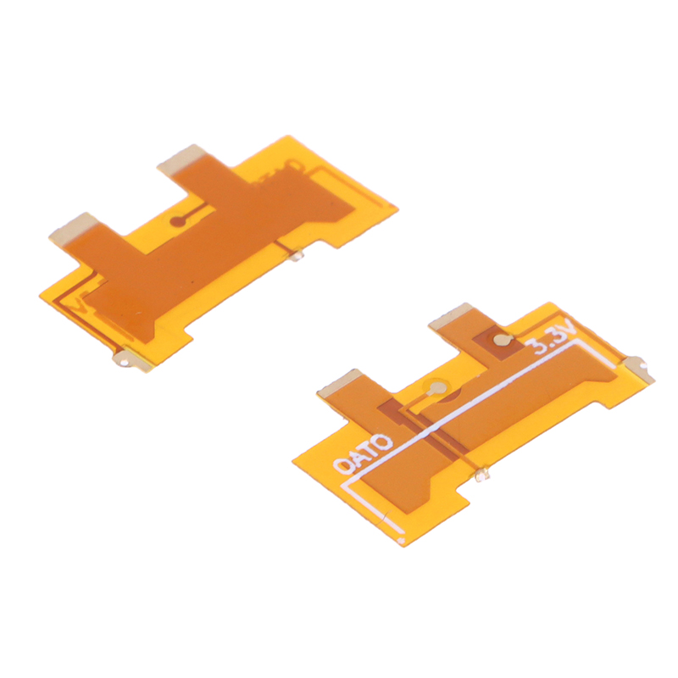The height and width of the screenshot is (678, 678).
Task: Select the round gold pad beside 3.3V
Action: pyautogui.click(x=502, y=341)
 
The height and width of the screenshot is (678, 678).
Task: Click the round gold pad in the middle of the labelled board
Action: pyautogui.click(x=437, y=386)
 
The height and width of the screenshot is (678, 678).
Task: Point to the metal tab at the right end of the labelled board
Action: pyautogui.click(x=641, y=369)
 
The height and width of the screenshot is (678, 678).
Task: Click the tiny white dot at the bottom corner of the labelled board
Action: pyautogui.click(x=401, y=540)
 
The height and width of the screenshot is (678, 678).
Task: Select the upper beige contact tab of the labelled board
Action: pyautogui.click(x=449, y=314)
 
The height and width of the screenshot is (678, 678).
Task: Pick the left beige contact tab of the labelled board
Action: pyautogui.click(x=340, y=382)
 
